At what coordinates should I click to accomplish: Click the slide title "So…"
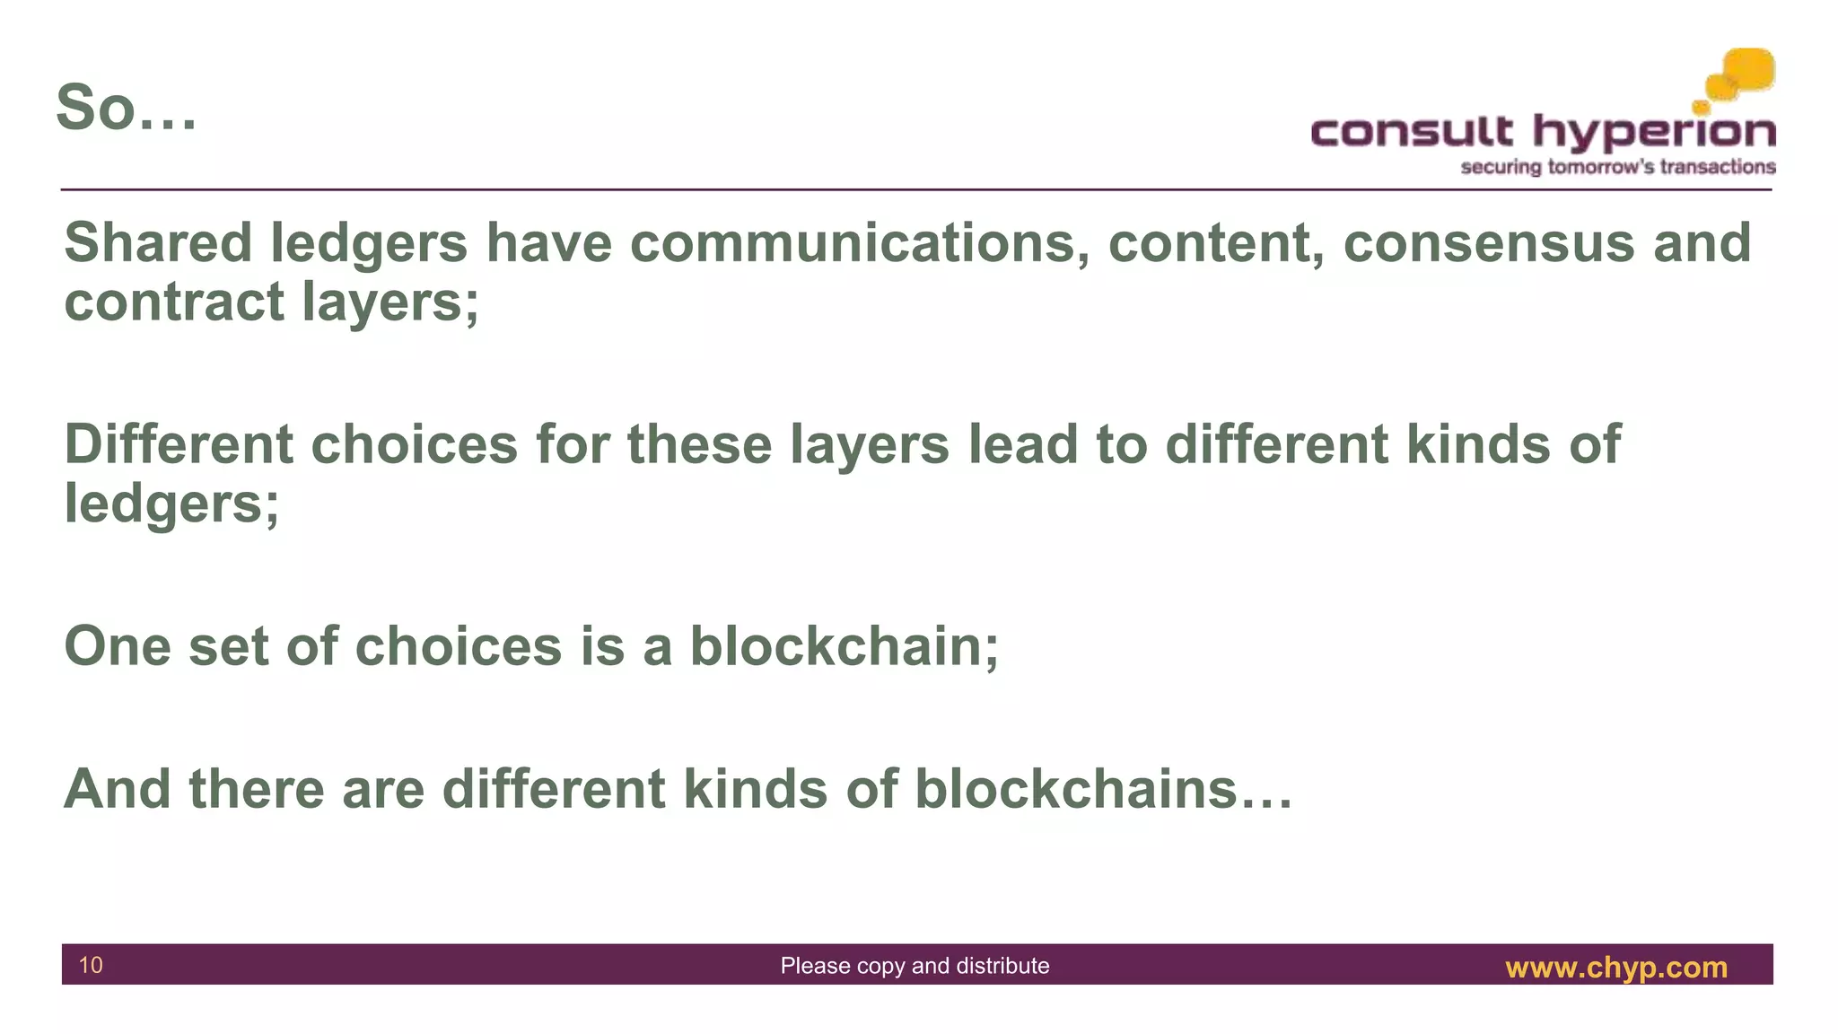click(126, 108)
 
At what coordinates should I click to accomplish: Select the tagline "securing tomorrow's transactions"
click(1617, 167)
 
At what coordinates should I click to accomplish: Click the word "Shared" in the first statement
click(158, 243)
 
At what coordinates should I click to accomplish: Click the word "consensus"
click(1488, 243)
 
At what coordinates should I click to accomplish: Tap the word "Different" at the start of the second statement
click(179, 444)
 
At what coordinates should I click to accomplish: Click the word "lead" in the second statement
click(1023, 444)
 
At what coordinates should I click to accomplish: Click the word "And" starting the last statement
click(118, 789)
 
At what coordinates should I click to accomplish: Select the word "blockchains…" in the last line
click(1103, 789)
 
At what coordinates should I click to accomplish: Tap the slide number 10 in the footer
click(91, 965)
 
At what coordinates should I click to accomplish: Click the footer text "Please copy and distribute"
click(915, 966)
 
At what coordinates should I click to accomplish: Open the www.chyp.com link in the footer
click(1615, 968)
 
